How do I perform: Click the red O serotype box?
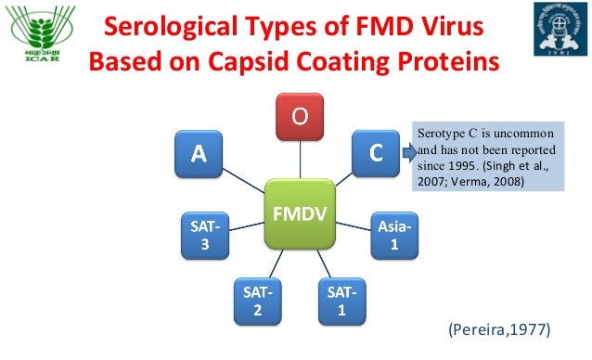click(x=296, y=117)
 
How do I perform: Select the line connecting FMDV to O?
click(x=296, y=159)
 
